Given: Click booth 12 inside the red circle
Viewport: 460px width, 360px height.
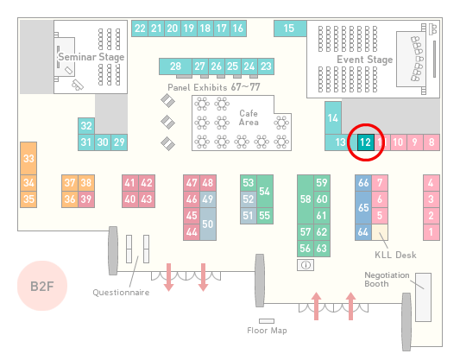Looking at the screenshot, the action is [x=366, y=142].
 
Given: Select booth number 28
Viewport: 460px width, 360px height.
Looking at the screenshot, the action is [x=175, y=66].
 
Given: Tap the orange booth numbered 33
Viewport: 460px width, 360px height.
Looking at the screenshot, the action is [x=28, y=158].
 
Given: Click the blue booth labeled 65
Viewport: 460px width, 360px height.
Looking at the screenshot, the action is [x=363, y=207].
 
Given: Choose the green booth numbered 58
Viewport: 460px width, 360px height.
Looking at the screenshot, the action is [x=306, y=199].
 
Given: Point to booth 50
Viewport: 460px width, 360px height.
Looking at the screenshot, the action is [x=208, y=224].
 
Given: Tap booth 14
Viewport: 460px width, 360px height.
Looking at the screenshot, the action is [x=333, y=118].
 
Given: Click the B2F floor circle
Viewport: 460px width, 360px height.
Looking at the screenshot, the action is [x=42, y=286].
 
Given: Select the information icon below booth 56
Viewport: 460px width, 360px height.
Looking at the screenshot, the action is [x=306, y=265].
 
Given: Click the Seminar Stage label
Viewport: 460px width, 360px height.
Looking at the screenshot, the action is [x=91, y=57].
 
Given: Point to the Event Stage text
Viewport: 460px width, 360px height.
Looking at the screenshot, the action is [x=365, y=60].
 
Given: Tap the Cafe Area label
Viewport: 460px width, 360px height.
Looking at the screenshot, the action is [x=249, y=117].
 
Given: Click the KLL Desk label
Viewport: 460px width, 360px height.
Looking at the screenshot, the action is [x=395, y=255].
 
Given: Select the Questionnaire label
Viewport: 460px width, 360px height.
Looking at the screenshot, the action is [x=121, y=292].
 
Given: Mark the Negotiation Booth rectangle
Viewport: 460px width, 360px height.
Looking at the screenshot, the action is [x=424, y=297].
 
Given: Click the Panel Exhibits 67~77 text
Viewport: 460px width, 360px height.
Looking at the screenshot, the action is [x=214, y=87].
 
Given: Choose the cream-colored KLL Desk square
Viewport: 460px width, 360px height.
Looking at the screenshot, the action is [x=380, y=232].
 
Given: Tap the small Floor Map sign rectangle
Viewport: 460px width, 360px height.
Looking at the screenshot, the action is [x=267, y=321].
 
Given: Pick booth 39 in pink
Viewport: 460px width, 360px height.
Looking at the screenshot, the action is [x=86, y=199].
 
